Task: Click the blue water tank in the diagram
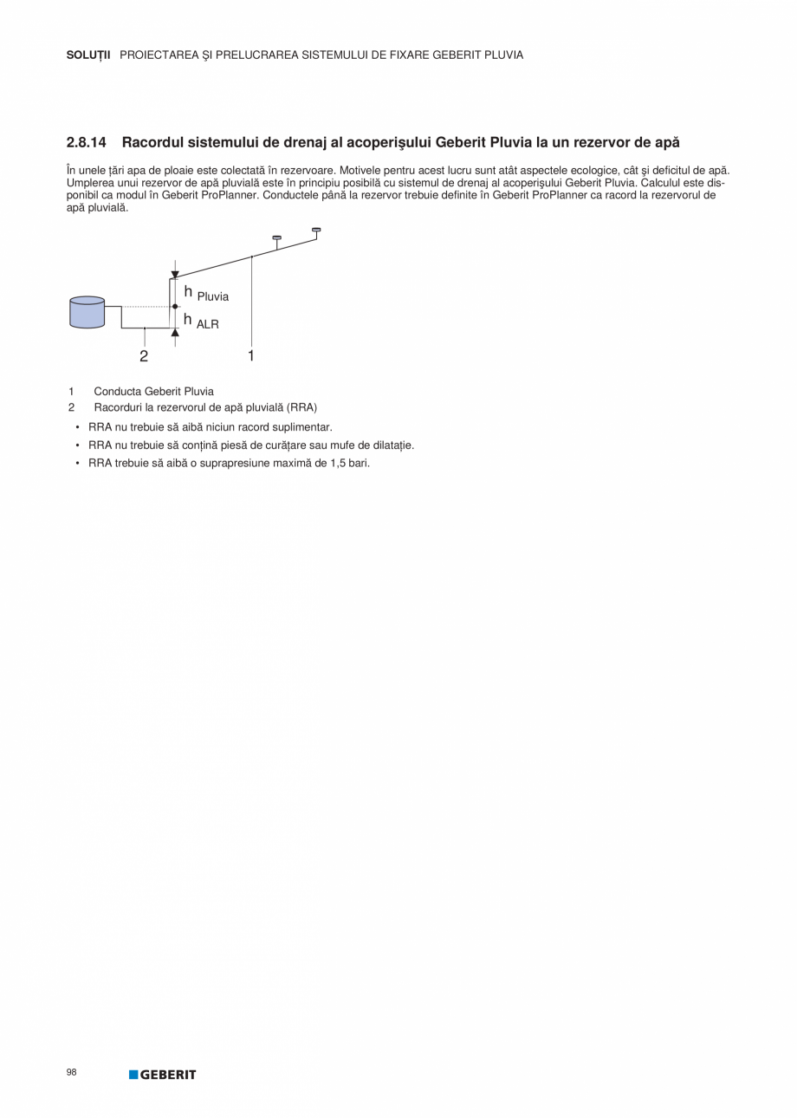(x=87, y=312)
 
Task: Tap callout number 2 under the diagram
(x=144, y=356)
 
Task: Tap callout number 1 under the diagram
(x=251, y=355)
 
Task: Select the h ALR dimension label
(x=201, y=322)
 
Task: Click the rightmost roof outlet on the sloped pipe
(x=316, y=231)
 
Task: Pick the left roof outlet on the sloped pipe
(x=277, y=237)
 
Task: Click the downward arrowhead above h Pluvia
(x=175, y=275)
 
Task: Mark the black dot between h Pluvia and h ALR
(x=175, y=306)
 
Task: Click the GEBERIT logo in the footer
(x=163, y=1075)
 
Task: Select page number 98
(x=71, y=1072)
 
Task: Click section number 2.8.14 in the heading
(x=86, y=141)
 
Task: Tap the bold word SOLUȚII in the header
(x=88, y=55)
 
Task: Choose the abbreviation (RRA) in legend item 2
(x=303, y=407)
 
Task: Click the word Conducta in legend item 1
(x=117, y=391)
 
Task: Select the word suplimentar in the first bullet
(x=303, y=427)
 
